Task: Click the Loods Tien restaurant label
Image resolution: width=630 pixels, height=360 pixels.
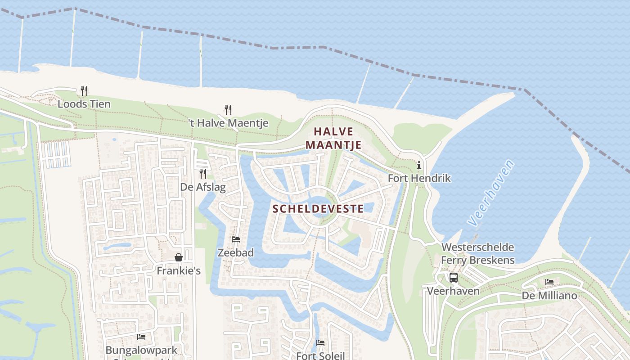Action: click(x=84, y=104)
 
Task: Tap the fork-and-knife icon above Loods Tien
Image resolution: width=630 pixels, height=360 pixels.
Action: click(x=84, y=90)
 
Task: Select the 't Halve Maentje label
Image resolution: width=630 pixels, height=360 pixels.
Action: click(x=229, y=123)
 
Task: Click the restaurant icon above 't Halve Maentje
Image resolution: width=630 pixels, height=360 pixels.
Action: click(x=228, y=109)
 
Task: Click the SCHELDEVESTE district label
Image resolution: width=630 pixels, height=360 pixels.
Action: click(x=318, y=208)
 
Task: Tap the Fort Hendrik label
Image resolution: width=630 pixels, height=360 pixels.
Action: click(x=419, y=178)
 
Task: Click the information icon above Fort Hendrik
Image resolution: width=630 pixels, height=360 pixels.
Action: click(x=419, y=165)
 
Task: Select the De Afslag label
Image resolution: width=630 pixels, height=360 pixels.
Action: click(x=203, y=187)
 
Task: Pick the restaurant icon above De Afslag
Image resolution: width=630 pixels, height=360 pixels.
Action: click(x=203, y=173)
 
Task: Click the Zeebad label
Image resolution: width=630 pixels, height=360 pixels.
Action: click(x=236, y=252)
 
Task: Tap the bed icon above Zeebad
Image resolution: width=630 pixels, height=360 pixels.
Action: click(x=236, y=239)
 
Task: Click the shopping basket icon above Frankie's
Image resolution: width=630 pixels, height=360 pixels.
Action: click(x=179, y=257)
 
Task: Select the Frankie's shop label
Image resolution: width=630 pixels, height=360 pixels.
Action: click(x=179, y=271)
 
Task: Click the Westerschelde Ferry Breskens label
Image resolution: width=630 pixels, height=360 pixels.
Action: click(x=477, y=253)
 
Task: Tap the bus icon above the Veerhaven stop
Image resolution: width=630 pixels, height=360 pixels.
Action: click(x=453, y=278)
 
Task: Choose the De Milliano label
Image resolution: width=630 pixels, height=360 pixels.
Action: click(x=549, y=296)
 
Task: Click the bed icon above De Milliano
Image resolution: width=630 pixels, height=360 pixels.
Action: click(x=549, y=282)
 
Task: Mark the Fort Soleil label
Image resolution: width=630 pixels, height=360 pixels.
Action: click(x=320, y=355)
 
